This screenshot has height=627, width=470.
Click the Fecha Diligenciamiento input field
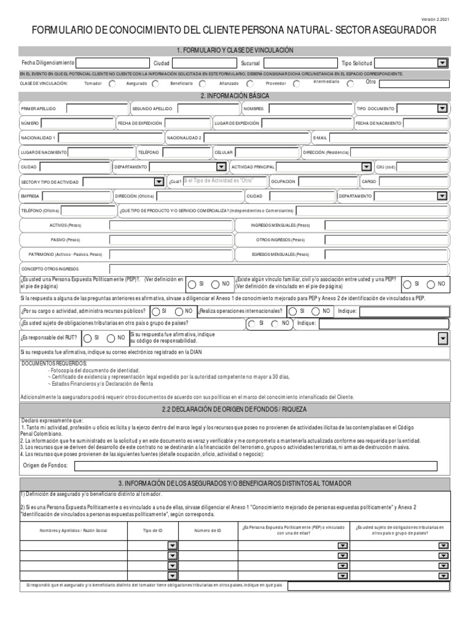pyautogui.click(x=113, y=63)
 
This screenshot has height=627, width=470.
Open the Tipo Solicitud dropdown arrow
pyautogui.click(x=442, y=63)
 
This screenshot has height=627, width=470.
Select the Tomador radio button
pyautogui.click(x=112, y=84)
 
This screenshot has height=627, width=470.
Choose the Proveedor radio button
pyautogui.click(x=296, y=84)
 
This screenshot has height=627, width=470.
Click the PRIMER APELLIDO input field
pyautogui.click(x=97, y=108)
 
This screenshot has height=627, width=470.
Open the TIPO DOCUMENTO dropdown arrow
pyautogui.click(x=442, y=108)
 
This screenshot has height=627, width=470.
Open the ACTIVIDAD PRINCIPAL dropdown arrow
pyautogui.click(x=366, y=167)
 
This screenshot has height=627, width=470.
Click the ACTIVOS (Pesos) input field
pyautogui.click(x=171, y=225)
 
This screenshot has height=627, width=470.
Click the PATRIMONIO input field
pyautogui.click(x=171, y=253)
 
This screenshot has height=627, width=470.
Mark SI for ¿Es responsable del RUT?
pyautogui.click(x=88, y=337)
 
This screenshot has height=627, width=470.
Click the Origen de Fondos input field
pyautogui.click(x=255, y=467)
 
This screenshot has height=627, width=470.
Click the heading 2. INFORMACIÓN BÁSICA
pyautogui.click(x=235, y=96)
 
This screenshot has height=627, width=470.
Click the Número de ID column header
pyautogui.click(x=207, y=530)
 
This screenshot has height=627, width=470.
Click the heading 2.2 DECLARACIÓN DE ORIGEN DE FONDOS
pyautogui.click(x=235, y=409)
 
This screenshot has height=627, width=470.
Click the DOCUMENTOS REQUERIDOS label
pyautogui.click(x=55, y=364)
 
